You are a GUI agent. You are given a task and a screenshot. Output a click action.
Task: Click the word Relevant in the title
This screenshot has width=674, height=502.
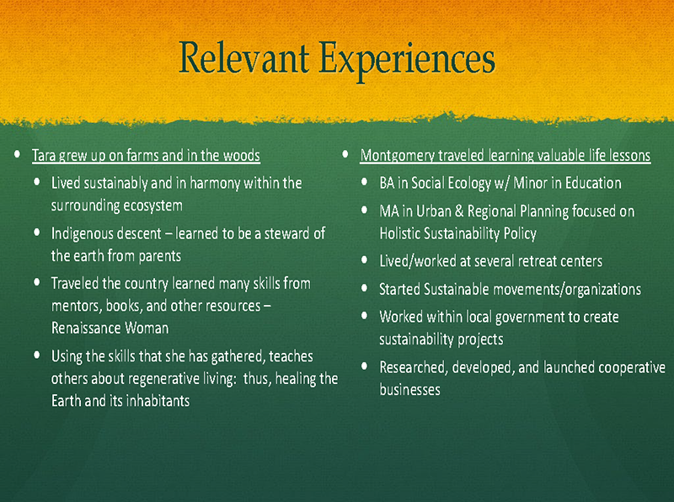coord(243,57)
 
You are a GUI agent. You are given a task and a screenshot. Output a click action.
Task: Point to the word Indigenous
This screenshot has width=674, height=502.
coord(85,234)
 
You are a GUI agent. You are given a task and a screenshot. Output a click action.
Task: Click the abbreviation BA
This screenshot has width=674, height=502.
coord(387,183)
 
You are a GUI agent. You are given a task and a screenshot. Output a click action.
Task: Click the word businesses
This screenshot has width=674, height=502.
coord(409,389)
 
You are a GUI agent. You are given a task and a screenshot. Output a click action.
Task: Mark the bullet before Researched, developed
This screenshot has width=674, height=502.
coord(365,366)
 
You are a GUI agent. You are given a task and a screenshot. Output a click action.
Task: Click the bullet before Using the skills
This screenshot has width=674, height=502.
coord(36,355)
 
